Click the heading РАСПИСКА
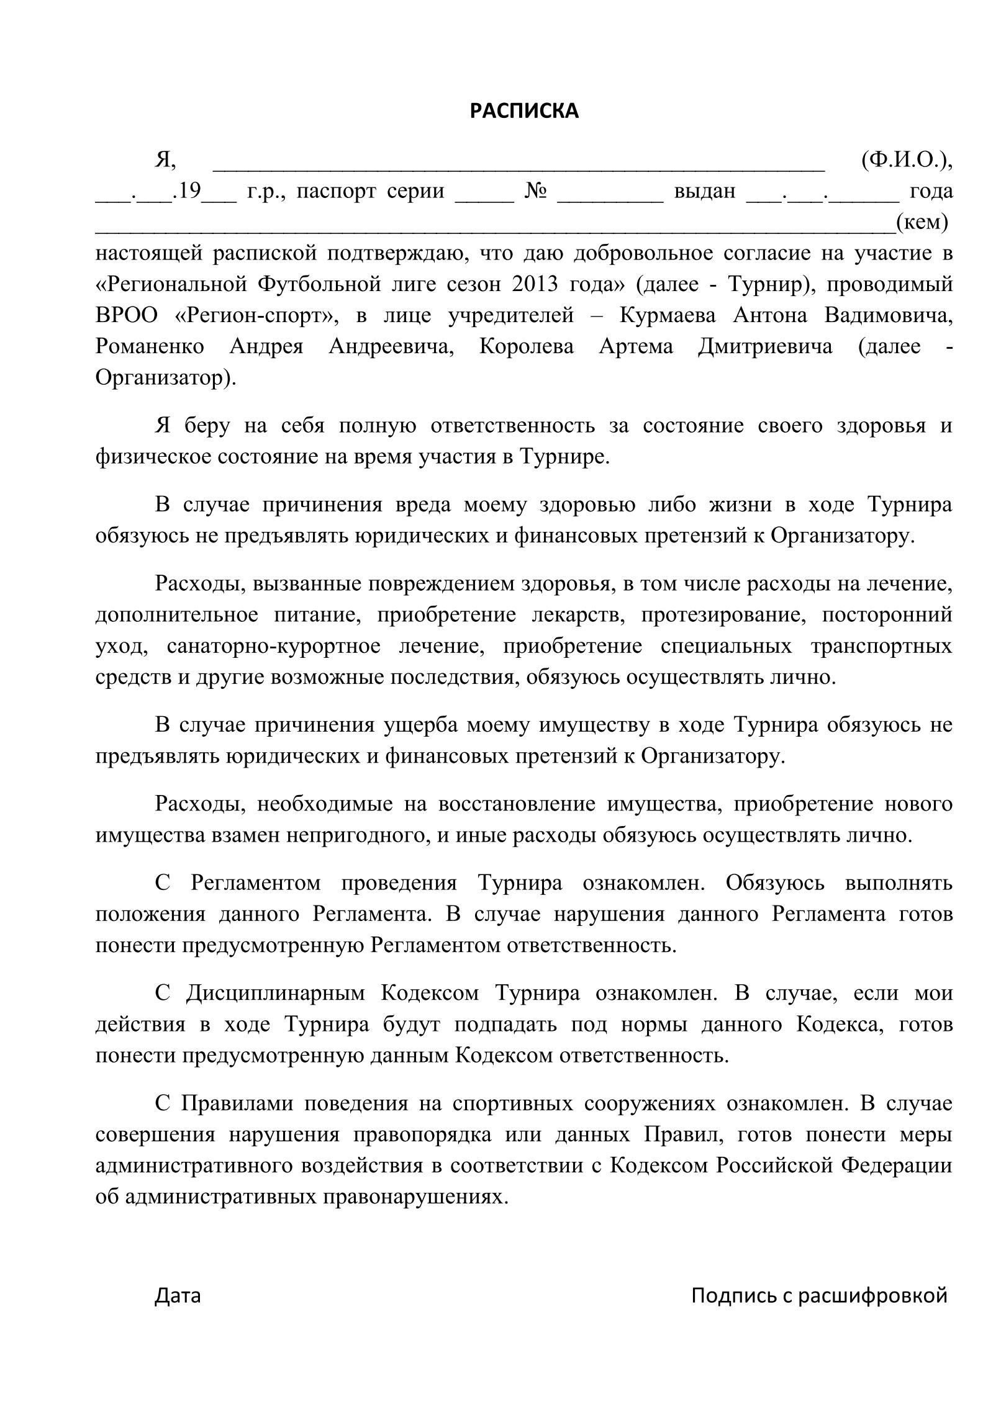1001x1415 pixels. (x=523, y=110)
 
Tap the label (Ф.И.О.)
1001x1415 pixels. (x=906, y=160)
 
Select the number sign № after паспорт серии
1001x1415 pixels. (x=535, y=191)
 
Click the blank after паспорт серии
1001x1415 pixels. (x=484, y=197)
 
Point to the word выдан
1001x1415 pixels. (x=704, y=191)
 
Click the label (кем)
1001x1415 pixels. (x=922, y=222)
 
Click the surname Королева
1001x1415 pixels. (x=527, y=346)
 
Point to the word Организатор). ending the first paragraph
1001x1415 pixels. (x=166, y=377)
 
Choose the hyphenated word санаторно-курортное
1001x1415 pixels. (x=274, y=645)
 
